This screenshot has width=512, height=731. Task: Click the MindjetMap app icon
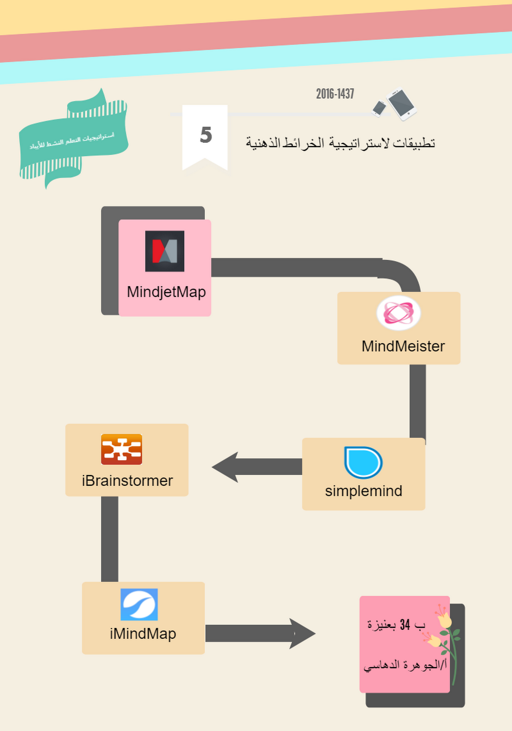pyautogui.click(x=165, y=251)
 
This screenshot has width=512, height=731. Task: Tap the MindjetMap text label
pyautogui.click(x=166, y=292)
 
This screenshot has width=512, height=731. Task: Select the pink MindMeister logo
pyautogui.click(x=398, y=313)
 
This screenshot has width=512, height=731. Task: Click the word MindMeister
pyautogui.click(x=403, y=346)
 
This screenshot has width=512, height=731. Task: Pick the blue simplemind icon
pyautogui.click(x=363, y=463)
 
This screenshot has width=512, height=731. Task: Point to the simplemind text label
pyautogui.click(x=363, y=491)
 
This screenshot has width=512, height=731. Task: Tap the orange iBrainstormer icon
pyautogui.click(x=121, y=449)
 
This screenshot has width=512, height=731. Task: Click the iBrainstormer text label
pyautogui.click(x=127, y=481)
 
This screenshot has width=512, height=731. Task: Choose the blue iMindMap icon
pyautogui.click(x=139, y=604)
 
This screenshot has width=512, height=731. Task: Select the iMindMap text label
pyautogui.click(x=142, y=633)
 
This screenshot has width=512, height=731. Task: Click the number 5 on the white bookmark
pyautogui.click(x=206, y=135)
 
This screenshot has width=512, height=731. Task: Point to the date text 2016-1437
pyautogui.click(x=335, y=94)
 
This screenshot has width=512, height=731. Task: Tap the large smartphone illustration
pyautogui.click(x=401, y=103)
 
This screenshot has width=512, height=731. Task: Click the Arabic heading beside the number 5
pyautogui.click(x=340, y=143)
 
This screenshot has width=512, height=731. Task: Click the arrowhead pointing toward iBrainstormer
pyautogui.click(x=226, y=467)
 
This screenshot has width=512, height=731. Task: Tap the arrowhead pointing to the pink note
pyautogui.click(x=302, y=633)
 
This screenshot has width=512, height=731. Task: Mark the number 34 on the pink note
pyautogui.click(x=405, y=625)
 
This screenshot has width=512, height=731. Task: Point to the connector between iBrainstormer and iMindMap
pyautogui.click(x=110, y=538)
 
